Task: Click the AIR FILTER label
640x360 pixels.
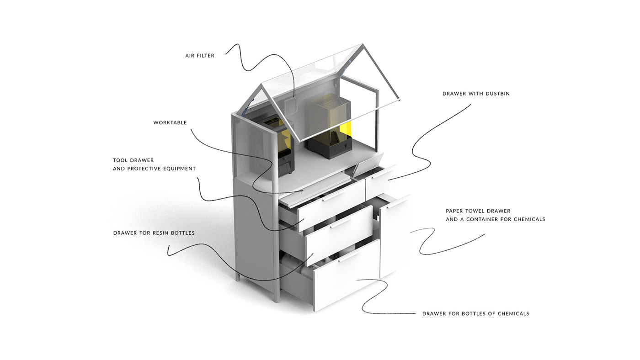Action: [x=200, y=56]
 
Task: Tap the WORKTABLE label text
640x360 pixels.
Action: [x=170, y=123]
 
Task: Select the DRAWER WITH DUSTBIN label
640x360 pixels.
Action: [x=476, y=94]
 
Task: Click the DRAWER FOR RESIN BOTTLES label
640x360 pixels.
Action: [x=154, y=233]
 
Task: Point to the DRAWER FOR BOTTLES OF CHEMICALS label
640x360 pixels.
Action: [x=475, y=314]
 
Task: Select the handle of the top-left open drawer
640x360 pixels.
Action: [x=332, y=196]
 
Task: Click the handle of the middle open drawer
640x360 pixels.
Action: [x=340, y=223]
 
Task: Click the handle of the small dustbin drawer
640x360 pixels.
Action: [x=379, y=173]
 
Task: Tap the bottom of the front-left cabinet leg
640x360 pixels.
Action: [x=277, y=300]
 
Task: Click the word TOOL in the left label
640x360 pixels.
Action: [x=121, y=160]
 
